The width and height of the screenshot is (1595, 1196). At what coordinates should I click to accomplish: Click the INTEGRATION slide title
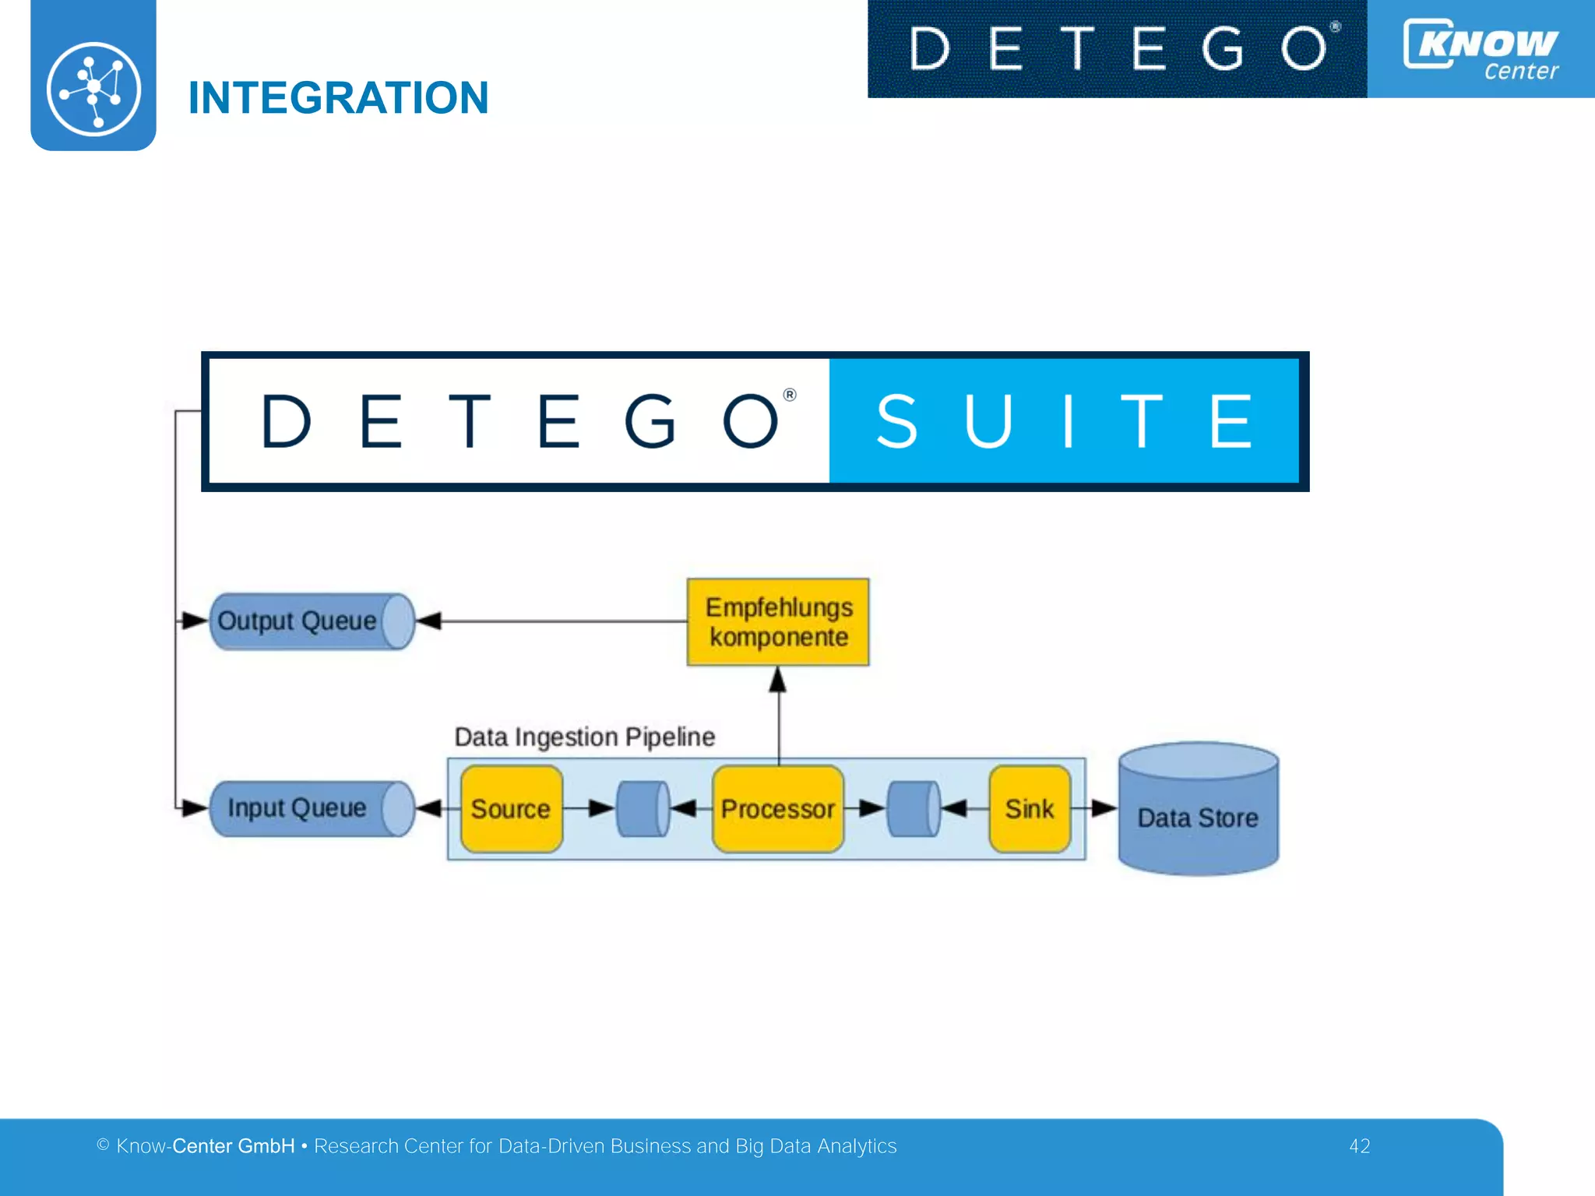pos(338,98)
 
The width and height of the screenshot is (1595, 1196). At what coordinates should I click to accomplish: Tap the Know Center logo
pos(1481,49)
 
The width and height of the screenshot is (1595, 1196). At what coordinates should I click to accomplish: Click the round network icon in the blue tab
pos(93,89)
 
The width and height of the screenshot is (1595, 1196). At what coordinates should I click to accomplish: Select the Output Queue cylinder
pos(311,621)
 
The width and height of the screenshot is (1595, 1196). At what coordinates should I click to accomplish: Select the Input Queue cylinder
pos(311,808)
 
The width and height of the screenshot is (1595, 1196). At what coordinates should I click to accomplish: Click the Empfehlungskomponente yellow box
pos(778,622)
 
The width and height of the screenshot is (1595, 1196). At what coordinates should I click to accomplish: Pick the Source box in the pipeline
pos(511,809)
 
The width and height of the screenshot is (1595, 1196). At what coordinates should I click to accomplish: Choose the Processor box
pos(777,809)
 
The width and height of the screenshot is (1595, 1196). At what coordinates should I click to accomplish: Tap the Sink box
pos(1030,809)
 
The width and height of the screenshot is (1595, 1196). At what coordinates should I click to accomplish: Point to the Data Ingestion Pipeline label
pos(584,737)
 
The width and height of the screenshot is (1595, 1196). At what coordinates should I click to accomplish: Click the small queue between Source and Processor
pos(643,809)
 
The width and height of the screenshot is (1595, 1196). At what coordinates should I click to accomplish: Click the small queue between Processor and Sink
pos(914,809)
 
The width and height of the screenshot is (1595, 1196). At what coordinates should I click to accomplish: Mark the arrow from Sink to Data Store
pos(1095,808)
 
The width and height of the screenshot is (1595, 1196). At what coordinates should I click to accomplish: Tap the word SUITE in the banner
pos(1064,421)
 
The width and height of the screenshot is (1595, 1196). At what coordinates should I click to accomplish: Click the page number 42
pos(1359,1146)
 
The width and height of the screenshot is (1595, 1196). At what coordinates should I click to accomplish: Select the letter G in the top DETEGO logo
pos(1222,48)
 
